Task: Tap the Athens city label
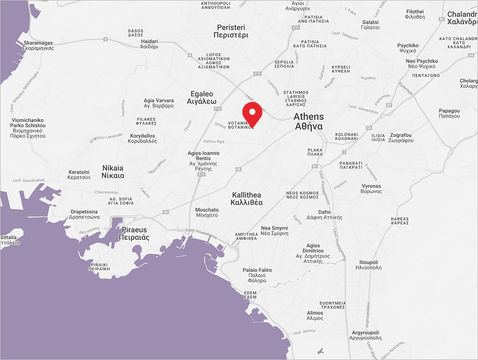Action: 308,121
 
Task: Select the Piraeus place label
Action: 134,234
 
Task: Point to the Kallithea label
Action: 247,199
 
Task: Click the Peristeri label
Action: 231,31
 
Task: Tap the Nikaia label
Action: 113,172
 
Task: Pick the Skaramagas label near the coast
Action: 38,45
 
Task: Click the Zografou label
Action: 401,138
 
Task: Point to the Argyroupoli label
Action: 367,335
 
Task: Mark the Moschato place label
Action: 206,212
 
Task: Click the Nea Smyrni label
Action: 275,231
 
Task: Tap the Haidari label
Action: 149,44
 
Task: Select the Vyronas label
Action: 371,189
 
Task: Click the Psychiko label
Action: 408,48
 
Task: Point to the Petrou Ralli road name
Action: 214,141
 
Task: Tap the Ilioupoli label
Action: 368,264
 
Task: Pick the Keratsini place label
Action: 80,174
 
